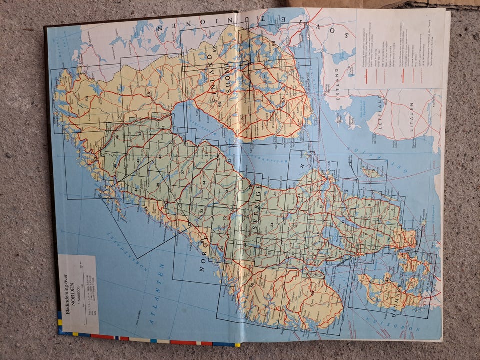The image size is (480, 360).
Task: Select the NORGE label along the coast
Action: pos(203,255)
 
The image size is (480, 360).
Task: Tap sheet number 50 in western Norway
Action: pos(251,285)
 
